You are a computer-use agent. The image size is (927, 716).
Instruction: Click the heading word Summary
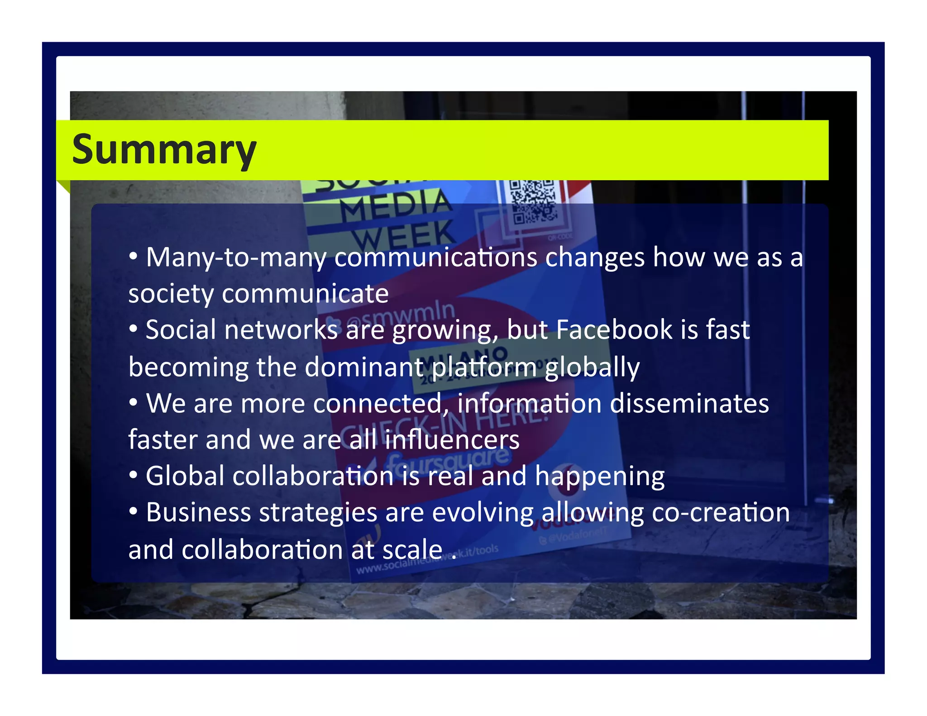(164, 150)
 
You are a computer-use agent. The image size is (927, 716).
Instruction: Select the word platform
(483, 367)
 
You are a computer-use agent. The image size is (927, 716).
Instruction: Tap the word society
(171, 294)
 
